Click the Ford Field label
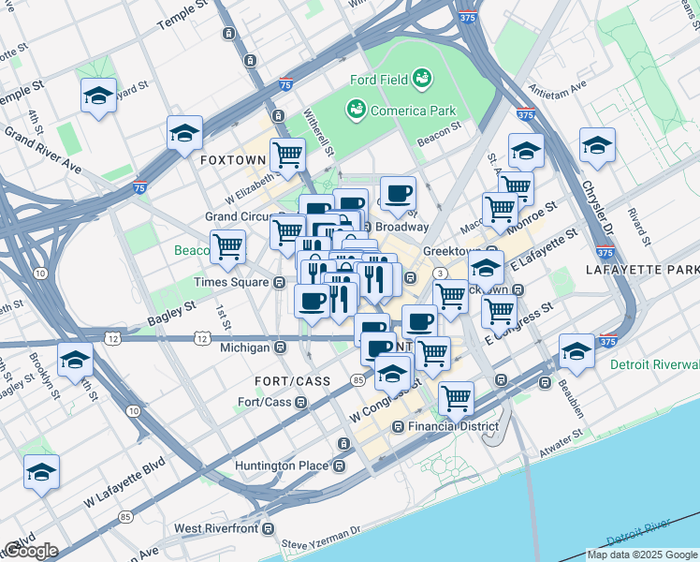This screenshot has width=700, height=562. point(378,80)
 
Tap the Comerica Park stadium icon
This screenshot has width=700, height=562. point(356,111)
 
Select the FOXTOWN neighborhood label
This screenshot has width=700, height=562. point(233,160)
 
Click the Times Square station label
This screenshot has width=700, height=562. point(230,282)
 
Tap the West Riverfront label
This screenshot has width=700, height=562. point(216,528)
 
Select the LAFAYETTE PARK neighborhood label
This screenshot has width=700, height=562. point(642,270)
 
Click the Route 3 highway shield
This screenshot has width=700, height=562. point(438,273)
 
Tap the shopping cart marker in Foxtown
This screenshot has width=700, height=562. point(287,154)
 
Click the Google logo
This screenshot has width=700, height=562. point(31,551)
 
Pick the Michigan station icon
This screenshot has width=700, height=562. point(280,348)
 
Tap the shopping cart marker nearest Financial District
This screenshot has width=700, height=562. point(456,397)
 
